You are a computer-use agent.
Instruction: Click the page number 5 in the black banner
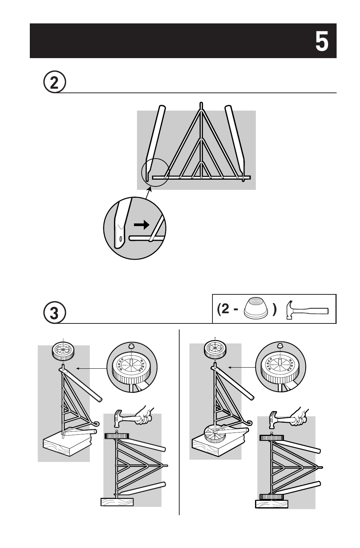tap(321, 41)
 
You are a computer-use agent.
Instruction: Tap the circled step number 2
tap(54, 83)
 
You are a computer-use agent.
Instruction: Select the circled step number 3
tap(54, 314)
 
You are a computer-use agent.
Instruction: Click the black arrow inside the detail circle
tap(142, 225)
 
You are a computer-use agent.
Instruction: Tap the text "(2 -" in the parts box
tap(228, 310)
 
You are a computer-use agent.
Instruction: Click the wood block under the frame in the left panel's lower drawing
tap(117, 502)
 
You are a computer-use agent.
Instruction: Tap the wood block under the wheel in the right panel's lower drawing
tap(271, 504)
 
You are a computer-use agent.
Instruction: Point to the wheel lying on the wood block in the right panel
tap(214, 433)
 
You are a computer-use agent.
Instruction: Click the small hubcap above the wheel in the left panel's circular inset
tap(131, 346)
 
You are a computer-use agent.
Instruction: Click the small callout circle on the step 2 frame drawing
tap(155, 172)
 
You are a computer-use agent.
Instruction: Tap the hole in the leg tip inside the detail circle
tap(120, 239)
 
